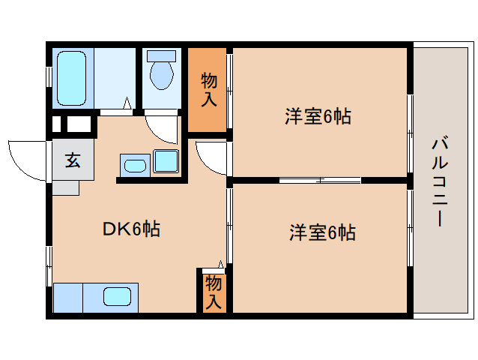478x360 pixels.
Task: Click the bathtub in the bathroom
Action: tap(73, 78)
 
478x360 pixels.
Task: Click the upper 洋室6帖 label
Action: tap(318, 117)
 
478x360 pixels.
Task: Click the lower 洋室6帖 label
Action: tap(322, 233)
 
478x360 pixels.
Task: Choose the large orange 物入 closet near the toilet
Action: tap(207, 89)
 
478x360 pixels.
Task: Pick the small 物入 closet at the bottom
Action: tap(213, 292)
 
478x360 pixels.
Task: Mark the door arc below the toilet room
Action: tap(162, 127)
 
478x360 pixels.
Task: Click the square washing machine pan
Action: tap(166, 161)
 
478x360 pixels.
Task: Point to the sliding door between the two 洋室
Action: tap(320, 180)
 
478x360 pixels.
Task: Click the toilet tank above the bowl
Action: tap(161, 56)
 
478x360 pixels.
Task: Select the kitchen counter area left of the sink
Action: tap(68, 297)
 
